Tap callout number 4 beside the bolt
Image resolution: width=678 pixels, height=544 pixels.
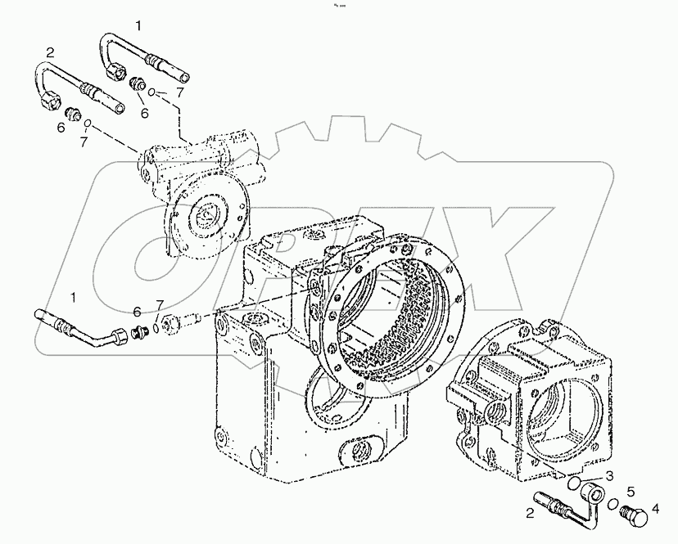pos(654,516)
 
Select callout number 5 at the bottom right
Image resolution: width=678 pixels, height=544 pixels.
pos(631,492)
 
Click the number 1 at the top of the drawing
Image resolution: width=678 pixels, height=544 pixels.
pos(138,26)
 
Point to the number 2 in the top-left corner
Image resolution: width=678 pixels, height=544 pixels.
pos(50,52)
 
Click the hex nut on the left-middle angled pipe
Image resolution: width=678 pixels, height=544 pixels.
pos(120,335)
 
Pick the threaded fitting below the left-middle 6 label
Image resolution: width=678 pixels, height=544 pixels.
pos(140,331)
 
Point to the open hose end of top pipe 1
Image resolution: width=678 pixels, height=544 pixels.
pos(186,76)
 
